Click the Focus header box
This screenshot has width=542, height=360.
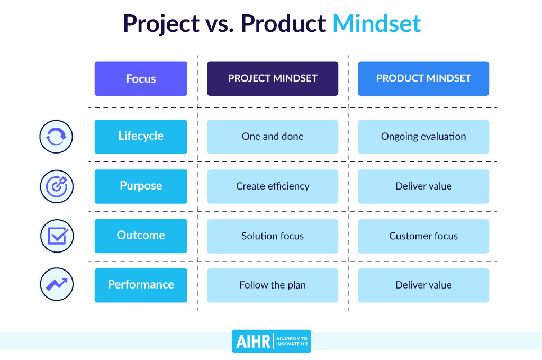point(141,79)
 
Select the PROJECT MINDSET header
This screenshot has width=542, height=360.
point(272,79)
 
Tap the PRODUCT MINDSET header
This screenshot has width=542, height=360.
point(423,79)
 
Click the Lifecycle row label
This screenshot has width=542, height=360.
point(141,136)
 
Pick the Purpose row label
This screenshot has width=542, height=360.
point(141,186)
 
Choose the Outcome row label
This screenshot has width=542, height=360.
point(141,236)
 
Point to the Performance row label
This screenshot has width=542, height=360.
point(141,285)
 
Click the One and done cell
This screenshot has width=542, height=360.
point(272,136)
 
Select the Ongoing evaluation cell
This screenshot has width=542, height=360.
point(423,136)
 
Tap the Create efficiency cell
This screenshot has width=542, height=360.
point(272,186)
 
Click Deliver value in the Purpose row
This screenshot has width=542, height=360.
point(423,186)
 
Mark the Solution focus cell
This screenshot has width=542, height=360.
point(272,236)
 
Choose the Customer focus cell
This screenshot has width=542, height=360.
point(423,236)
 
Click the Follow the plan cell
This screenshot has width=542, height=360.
point(272,285)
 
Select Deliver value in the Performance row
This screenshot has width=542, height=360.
point(423,285)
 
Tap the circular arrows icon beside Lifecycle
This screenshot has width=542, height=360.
point(56,137)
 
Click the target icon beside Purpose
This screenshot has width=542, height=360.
point(56,186)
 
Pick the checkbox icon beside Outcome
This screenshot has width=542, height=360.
point(56,236)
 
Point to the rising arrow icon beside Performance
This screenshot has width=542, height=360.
point(56,285)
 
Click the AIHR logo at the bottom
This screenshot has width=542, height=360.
point(271,341)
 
